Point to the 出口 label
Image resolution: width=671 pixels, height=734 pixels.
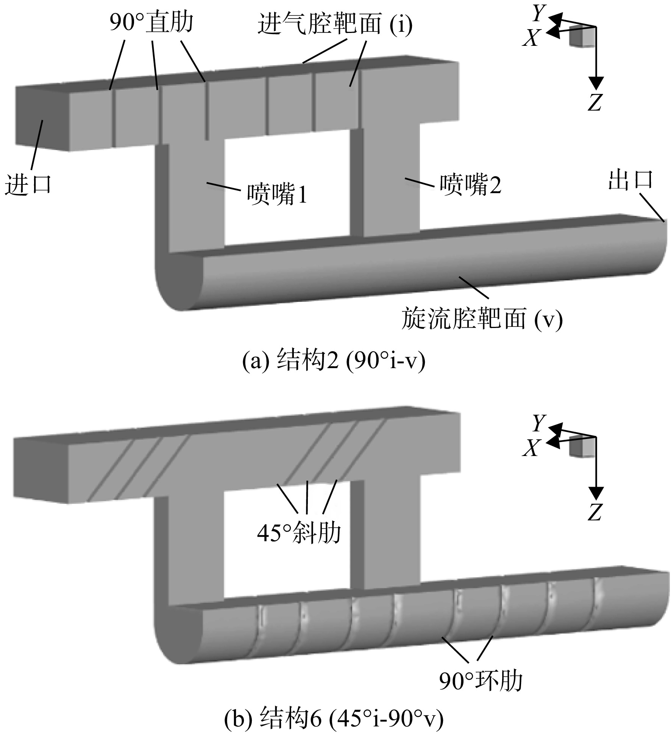point(630,180)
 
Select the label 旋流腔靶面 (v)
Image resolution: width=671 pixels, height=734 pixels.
point(482,318)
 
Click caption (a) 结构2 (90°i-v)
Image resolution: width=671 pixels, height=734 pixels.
point(334,361)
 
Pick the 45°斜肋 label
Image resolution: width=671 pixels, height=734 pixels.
point(299,533)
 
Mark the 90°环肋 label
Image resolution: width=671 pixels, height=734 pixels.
point(481,681)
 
